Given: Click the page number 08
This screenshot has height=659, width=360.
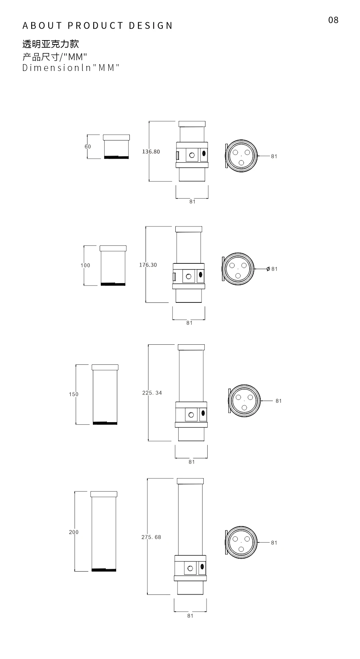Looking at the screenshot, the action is (333, 20).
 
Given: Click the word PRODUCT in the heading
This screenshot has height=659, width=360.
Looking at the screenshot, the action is (96, 25).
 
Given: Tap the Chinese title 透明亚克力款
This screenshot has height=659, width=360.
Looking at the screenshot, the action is (51, 44).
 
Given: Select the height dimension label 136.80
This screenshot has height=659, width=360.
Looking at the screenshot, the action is (151, 152).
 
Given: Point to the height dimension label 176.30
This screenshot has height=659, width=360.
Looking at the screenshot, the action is (148, 265).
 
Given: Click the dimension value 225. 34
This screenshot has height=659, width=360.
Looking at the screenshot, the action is (152, 393).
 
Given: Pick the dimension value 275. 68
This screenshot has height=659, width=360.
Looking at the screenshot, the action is (151, 537).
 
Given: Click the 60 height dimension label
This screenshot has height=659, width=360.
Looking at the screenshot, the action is (88, 147).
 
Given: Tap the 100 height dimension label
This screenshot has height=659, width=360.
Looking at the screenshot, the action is (85, 265).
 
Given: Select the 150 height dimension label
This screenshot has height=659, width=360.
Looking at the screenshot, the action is (74, 394).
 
